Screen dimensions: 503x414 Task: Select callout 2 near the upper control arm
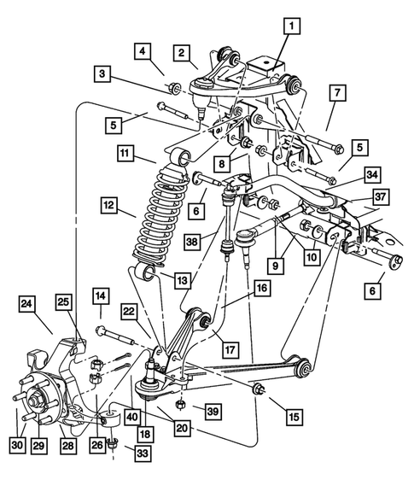coord(182,53)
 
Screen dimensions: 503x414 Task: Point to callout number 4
coord(142,50)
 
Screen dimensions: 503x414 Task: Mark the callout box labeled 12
coord(108,205)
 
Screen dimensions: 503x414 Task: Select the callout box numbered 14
coord(101,296)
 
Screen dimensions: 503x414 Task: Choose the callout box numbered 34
coord(347,174)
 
